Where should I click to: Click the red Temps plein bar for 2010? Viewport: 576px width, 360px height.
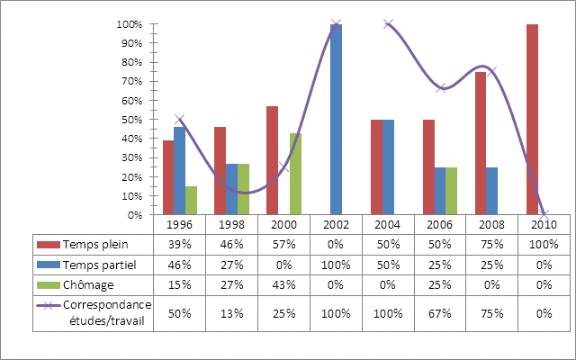532,120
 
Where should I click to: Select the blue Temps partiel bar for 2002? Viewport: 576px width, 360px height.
336,120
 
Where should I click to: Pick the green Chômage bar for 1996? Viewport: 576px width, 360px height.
191,201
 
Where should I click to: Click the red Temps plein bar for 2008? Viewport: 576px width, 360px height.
480,143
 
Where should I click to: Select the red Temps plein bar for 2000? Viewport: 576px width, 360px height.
272,160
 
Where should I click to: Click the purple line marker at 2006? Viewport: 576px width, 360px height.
441,87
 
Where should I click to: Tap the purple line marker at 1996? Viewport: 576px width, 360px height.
180,120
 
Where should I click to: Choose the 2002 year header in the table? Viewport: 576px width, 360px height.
336,223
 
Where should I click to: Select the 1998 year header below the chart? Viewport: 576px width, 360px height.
231,223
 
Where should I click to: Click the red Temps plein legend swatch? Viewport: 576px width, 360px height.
47,244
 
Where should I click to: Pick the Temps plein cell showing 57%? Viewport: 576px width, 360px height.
283,244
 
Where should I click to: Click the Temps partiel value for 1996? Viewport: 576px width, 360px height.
179,263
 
